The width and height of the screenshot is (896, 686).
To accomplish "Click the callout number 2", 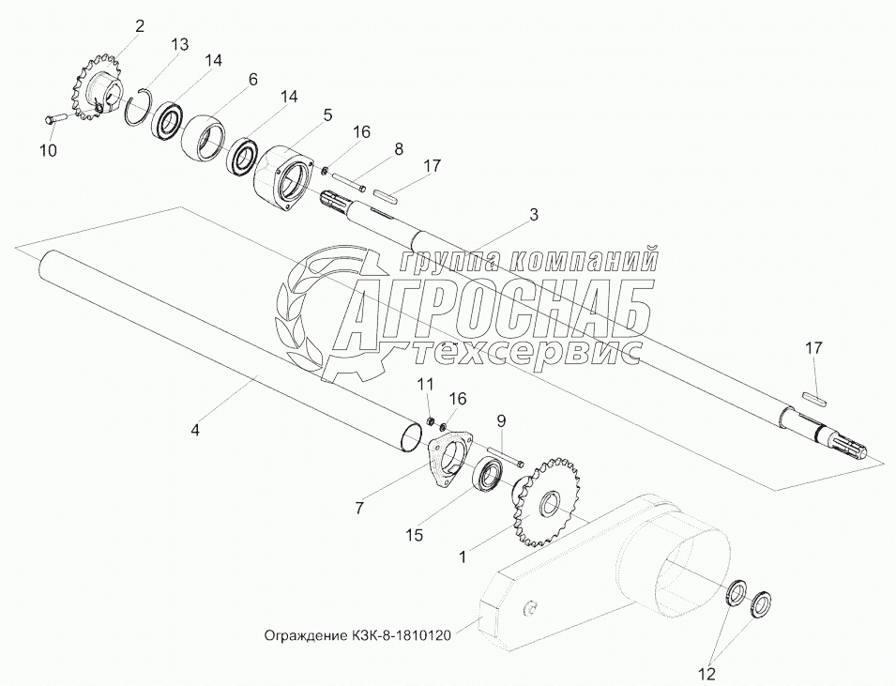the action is pyautogui.click(x=140, y=26).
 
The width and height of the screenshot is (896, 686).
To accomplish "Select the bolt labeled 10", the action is pyautogui.click(x=55, y=118).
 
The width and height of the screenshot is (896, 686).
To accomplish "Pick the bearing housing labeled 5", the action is pyautogui.click(x=282, y=171).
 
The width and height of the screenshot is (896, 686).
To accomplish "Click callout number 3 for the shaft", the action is pyautogui.click(x=533, y=216).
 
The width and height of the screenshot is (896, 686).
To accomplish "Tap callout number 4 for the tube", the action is pyautogui.click(x=195, y=431).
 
